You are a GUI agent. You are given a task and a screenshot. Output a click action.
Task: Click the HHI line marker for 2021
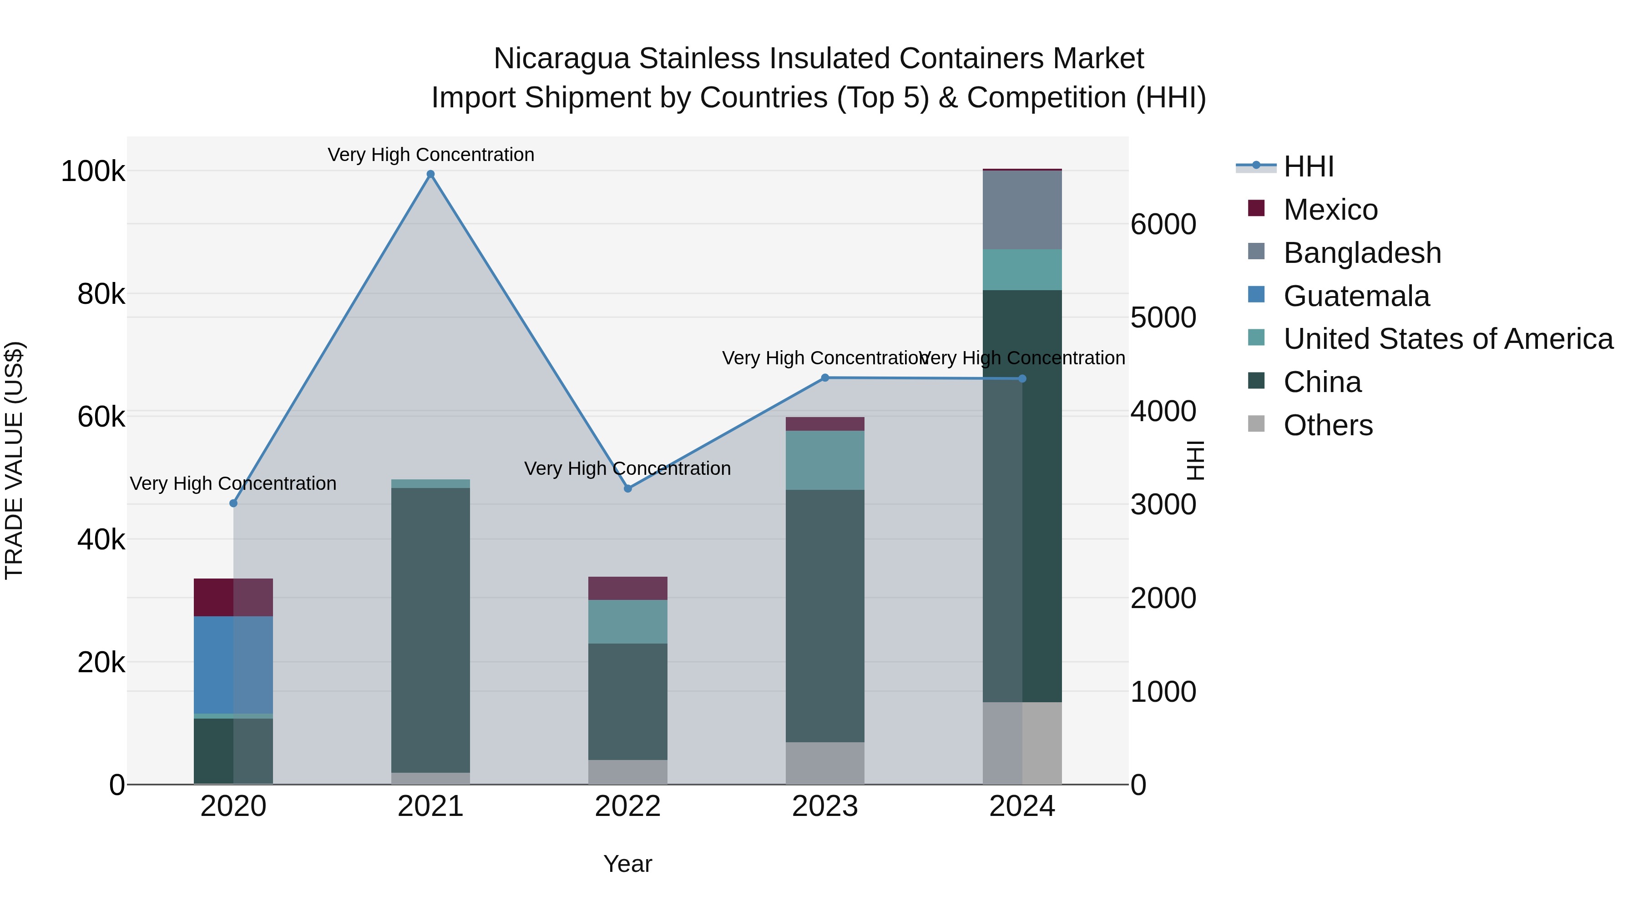click(x=430, y=174)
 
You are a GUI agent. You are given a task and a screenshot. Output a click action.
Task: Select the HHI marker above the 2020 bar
click(x=233, y=503)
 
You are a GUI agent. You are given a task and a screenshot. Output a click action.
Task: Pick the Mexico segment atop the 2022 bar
click(x=627, y=589)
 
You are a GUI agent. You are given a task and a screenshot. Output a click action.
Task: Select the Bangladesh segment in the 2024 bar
click(x=1022, y=210)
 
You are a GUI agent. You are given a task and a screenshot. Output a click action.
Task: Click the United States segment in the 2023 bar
click(x=825, y=460)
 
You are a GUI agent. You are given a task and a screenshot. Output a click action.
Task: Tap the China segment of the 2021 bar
click(x=430, y=629)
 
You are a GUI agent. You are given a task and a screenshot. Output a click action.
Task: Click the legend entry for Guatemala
click(x=1356, y=296)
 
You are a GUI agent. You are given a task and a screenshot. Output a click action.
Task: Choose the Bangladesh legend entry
click(x=1361, y=253)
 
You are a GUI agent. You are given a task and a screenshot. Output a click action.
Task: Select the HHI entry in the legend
click(x=1308, y=166)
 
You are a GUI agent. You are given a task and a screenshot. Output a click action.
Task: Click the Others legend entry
click(x=1328, y=425)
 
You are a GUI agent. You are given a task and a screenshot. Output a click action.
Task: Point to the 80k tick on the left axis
click(x=101, y=294)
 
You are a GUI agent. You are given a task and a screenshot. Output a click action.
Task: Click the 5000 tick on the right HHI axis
click(x=1163, y=318)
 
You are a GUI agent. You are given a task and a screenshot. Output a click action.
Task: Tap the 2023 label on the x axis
click(x=825, y=806)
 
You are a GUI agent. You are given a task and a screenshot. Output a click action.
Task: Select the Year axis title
click(x=627, y=864)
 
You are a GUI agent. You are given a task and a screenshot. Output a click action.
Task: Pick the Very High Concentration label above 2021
click(x=430, y=155)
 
